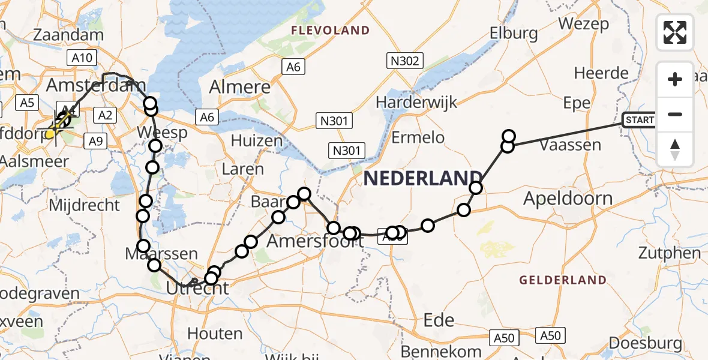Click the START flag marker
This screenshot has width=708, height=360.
(x=640, y=120)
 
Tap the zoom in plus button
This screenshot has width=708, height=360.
(x=675, y=79)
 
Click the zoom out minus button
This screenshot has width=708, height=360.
(x=675, y=114)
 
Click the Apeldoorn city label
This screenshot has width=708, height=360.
(x=568, y=199)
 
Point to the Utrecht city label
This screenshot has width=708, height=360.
(x=199, y=289)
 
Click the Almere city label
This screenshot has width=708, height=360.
(x=239, y=86)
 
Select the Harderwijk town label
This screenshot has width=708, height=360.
(x=416, y=101)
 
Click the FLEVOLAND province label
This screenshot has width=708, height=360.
(x=330, y=30)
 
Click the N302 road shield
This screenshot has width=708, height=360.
(x=406, y=61)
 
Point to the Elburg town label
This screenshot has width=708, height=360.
(x=514, y=32)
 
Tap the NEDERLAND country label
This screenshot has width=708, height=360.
(x=423, y=178)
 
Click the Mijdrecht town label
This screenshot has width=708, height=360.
(x=84, y=205)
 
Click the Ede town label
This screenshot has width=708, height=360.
(x=439, y=320)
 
